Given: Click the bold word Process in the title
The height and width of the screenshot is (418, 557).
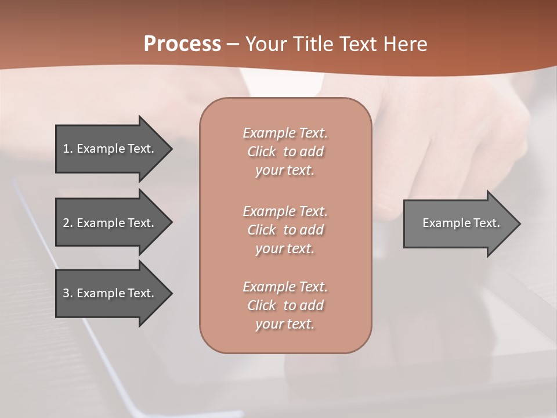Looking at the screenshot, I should click(x=182, y=44).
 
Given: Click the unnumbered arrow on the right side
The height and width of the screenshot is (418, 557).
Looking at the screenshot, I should click(x=461, y=223).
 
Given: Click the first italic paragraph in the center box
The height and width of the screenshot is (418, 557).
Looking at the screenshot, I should click(x=285, y=152).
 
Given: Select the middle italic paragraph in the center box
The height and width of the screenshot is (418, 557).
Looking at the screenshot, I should click(x=285, y=230).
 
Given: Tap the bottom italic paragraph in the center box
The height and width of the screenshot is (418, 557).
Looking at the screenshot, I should click(x=285, y=305).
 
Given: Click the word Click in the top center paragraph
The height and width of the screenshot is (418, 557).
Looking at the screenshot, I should click(x=262, y=152).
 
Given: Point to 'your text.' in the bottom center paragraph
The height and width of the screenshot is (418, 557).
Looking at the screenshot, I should click(x=285, y=324).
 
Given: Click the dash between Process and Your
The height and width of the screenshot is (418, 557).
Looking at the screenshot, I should click(x=233, y=45).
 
